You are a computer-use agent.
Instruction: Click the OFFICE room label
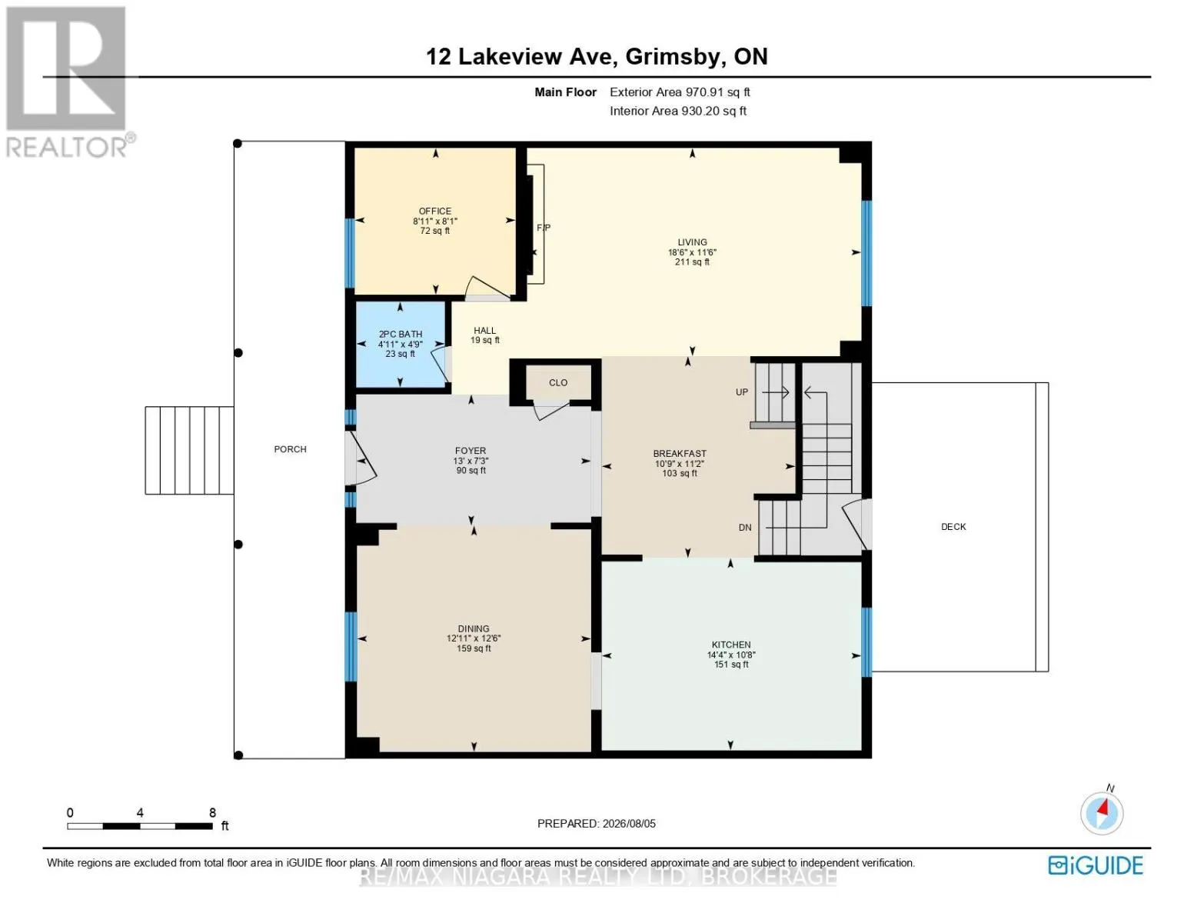434,211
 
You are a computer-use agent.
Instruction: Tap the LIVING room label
692,242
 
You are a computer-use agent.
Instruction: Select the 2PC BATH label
400,335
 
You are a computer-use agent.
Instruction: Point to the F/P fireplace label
544,228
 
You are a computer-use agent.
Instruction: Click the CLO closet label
557,382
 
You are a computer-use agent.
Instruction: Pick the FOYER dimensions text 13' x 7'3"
471,461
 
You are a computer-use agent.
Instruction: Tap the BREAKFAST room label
679,454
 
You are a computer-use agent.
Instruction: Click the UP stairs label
742,392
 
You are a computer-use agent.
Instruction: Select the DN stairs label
744,527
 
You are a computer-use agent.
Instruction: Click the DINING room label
473,628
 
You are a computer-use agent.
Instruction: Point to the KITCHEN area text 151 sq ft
731,664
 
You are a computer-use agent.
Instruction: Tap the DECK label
953,527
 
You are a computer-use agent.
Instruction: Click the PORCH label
290,449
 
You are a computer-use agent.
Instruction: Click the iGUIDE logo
1095,865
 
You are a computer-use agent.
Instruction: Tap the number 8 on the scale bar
213,812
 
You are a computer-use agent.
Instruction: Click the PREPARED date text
596,824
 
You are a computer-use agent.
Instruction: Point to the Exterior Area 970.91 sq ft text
680,92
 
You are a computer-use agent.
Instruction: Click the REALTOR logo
68,82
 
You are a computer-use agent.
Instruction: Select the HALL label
484,331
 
